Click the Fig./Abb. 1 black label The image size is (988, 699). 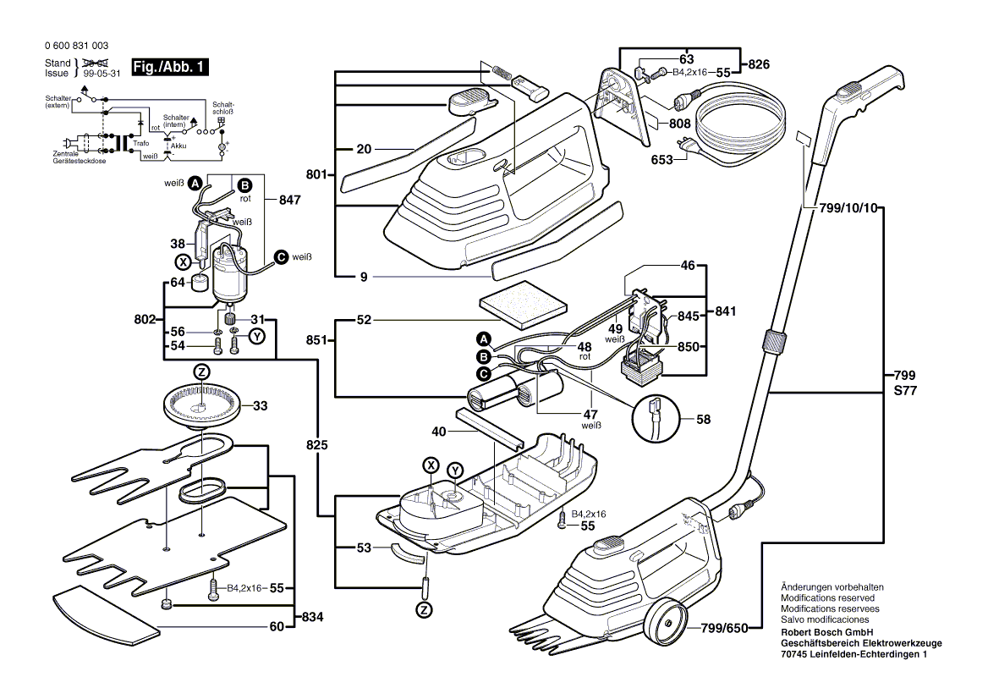169,67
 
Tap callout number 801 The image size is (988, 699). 316,174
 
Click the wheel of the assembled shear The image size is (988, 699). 664,625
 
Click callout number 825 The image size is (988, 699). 317,444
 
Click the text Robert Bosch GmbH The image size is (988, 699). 828,632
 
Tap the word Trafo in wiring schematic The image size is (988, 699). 140,143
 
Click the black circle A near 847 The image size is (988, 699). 194,183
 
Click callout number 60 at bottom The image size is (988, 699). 276,627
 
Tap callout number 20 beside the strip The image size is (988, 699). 364,150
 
